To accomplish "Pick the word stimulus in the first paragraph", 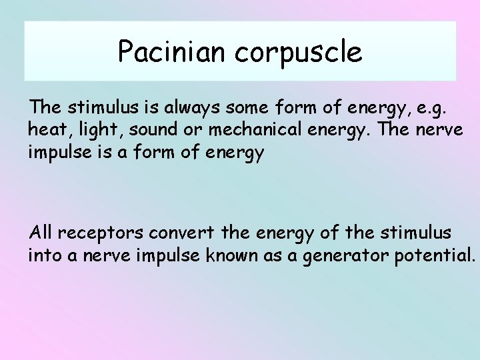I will [x=94, y=107].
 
